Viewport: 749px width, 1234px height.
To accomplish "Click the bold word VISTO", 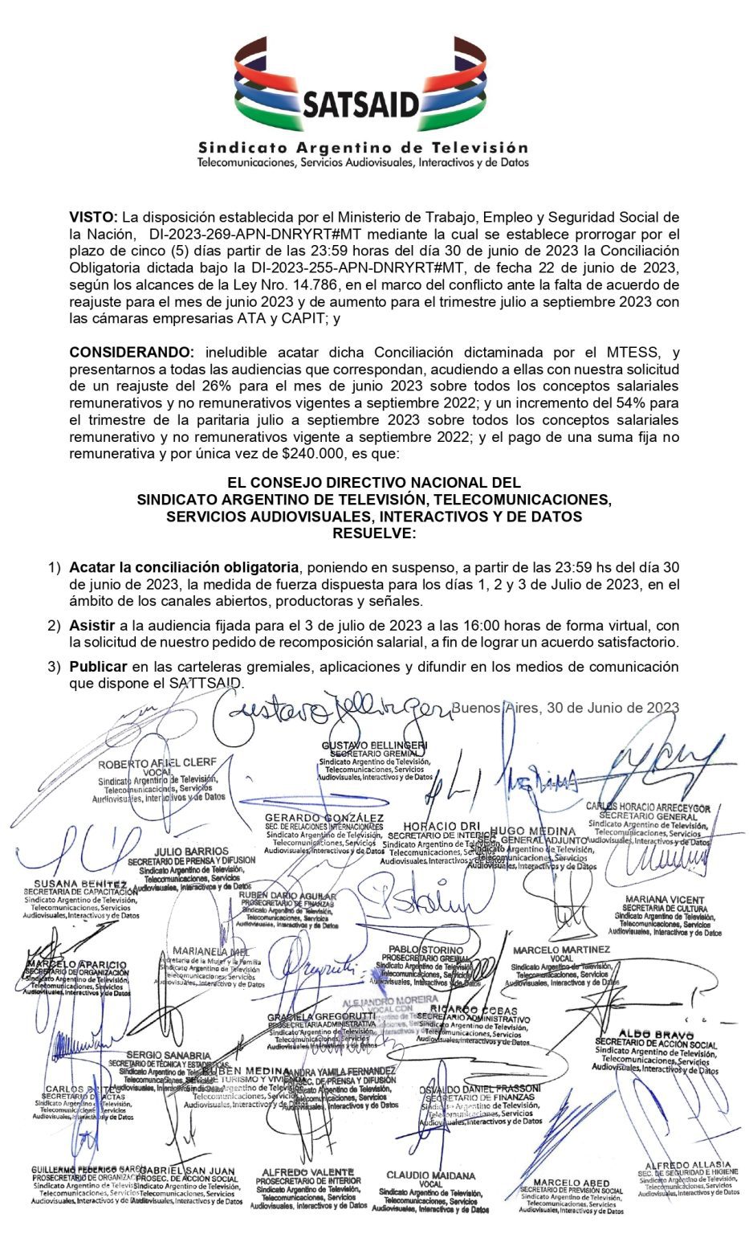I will [x=93, y=218].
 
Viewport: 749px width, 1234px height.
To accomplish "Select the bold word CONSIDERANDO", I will [x=132, y=353].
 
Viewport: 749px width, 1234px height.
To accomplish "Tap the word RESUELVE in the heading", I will [x=374, y=533].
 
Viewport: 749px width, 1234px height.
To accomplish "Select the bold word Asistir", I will [x=92, y=625].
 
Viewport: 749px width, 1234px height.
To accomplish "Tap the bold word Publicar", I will [x=98, y=667].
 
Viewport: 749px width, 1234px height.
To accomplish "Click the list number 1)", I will [x=54, y=567].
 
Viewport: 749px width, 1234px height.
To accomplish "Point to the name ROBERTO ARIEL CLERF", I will [x=157, y=763].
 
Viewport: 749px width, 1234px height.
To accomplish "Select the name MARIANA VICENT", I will [x=665, y=900].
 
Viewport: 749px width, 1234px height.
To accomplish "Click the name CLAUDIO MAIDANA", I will [x=430, y=1175].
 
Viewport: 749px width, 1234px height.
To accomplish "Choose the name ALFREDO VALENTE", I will [x=307, y=1172].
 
